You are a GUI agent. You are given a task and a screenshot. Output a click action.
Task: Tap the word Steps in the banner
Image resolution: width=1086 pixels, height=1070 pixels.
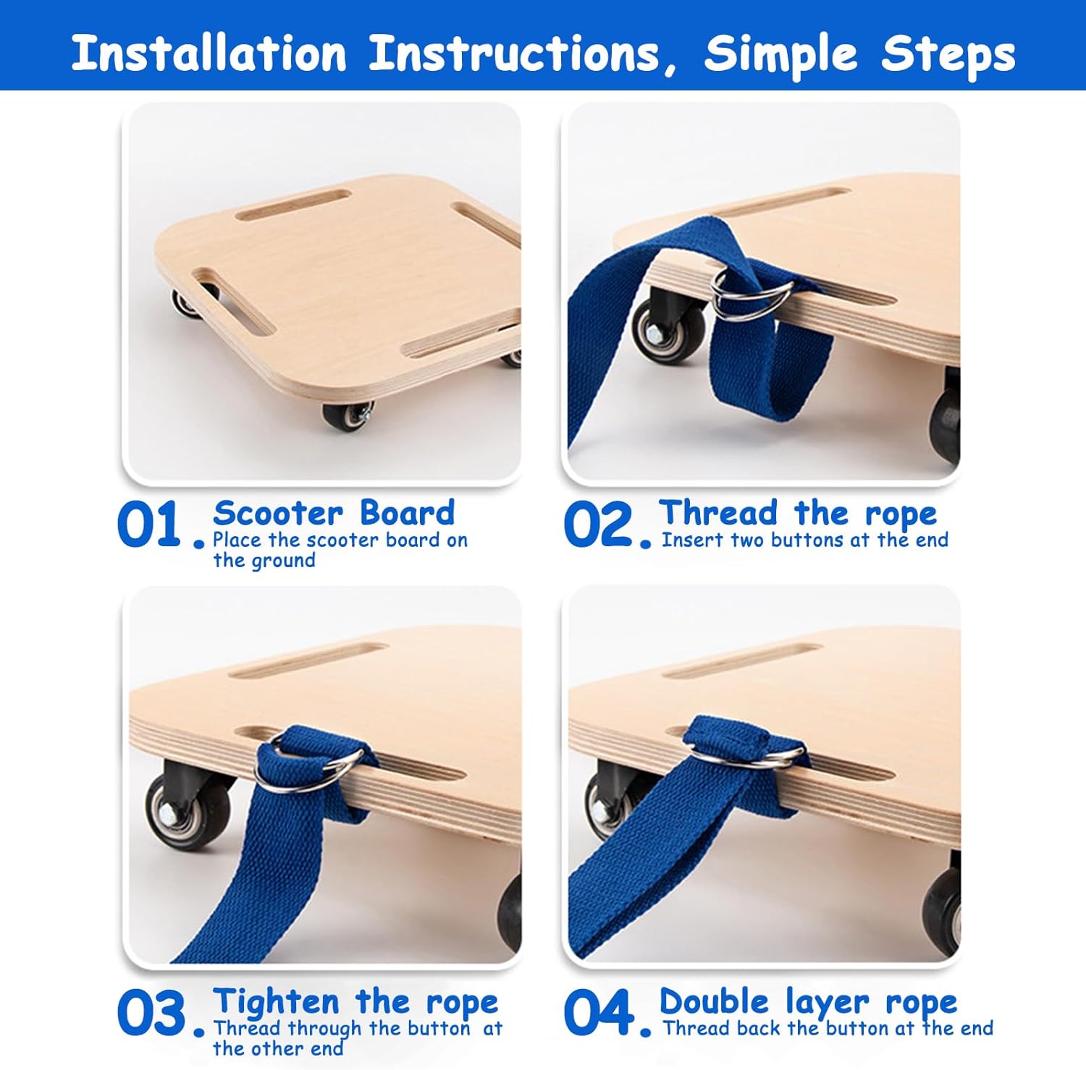tap(948, 55)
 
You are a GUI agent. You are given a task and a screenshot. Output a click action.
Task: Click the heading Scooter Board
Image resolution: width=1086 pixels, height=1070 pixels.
tap(334, 513)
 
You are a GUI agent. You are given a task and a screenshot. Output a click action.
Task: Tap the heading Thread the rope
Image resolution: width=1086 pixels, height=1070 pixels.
tap(798, 514)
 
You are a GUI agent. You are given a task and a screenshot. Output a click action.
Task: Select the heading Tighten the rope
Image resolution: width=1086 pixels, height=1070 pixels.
tap(355, 1003)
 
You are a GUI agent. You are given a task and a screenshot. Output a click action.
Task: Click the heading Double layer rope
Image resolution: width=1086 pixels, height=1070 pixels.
tap(808, 1003)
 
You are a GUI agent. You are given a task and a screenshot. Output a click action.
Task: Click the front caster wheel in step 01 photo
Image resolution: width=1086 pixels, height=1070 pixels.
tap(348, 417)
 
